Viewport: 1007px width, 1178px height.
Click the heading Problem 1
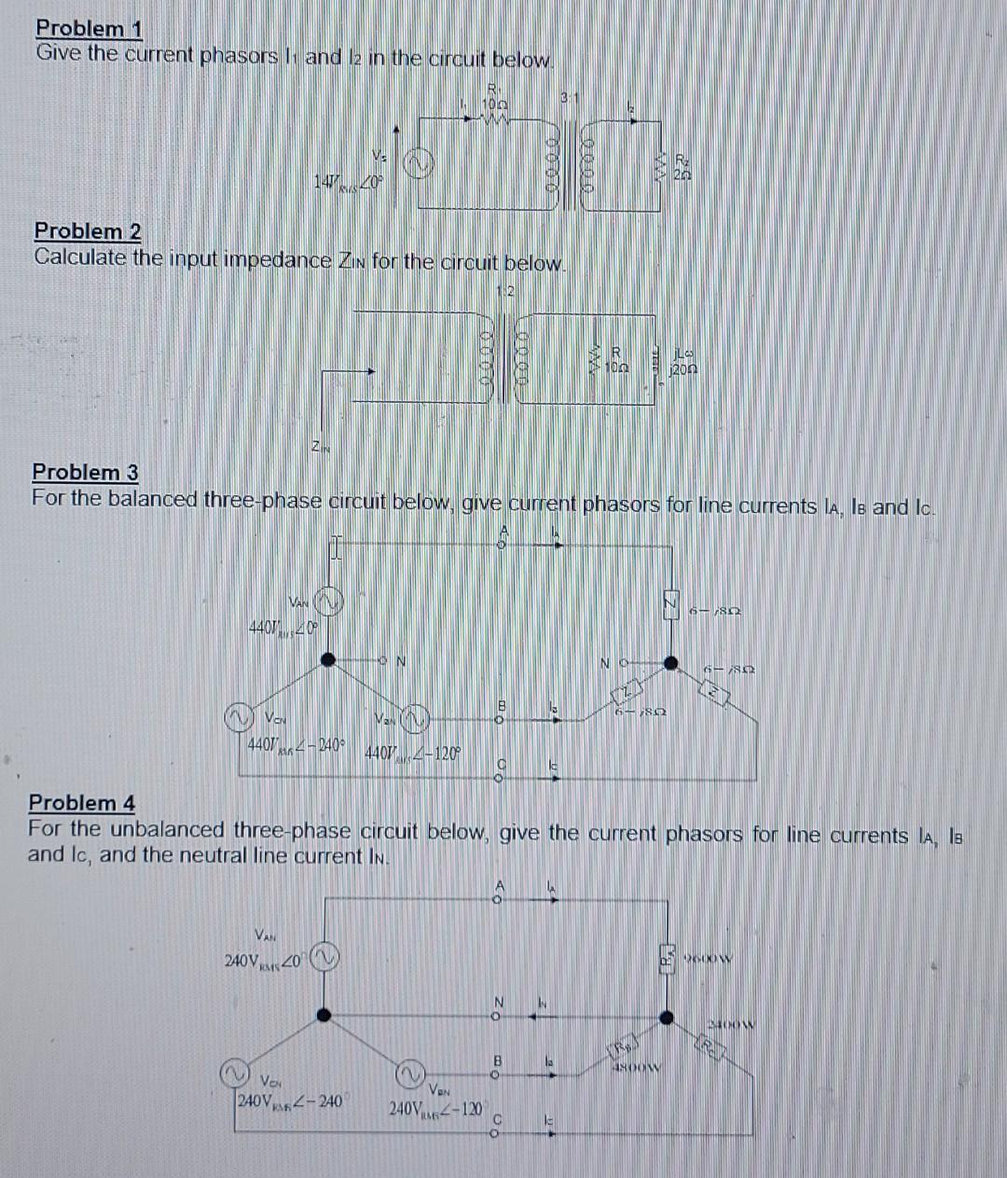89,29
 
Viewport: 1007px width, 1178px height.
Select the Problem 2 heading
87,230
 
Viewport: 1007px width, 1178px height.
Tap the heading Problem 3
85,472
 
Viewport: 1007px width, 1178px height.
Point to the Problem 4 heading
82,802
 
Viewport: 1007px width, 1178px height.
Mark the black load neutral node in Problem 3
669,663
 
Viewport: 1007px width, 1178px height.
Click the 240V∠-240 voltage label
287,1102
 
